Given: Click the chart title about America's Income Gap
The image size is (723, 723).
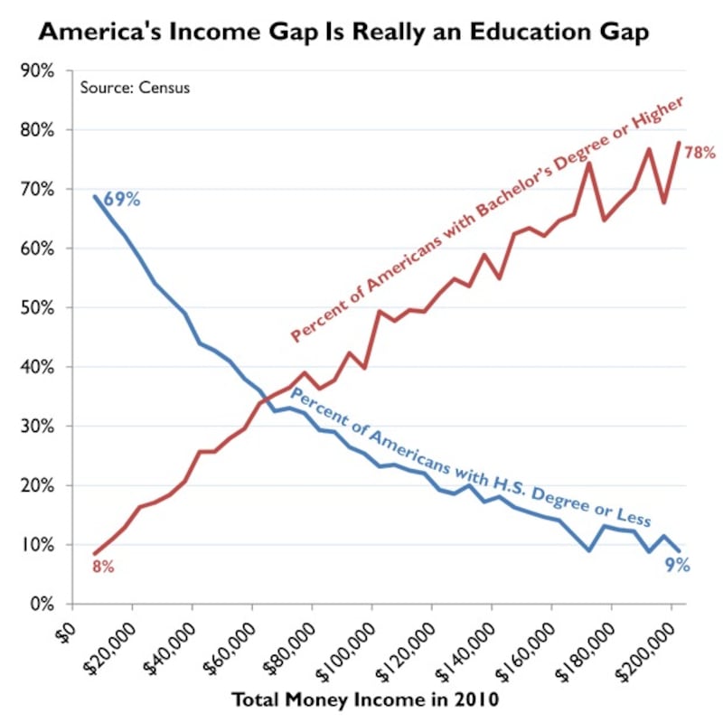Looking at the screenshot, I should point(343,33).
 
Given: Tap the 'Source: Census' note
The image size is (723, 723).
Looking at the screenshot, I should point(135,88).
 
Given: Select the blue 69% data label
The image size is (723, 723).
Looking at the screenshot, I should point(121,199).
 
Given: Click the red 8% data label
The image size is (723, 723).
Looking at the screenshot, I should point(103,568).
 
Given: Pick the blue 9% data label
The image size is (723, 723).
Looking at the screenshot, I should point(679,566).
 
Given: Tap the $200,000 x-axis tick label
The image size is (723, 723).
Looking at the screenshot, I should point(645,645).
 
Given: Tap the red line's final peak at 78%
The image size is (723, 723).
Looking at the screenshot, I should point(679,143).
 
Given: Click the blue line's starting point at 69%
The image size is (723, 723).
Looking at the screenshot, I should point(95,196).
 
